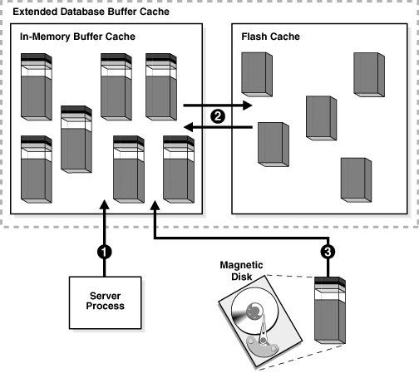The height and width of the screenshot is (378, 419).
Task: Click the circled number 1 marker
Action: click(105, 252)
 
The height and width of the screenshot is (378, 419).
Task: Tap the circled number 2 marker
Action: click(218, 116)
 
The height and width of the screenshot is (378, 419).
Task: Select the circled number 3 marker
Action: click(328, 252)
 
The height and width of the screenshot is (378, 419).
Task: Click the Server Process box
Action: click(105, 302)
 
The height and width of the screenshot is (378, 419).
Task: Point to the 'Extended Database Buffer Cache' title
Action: click(91, 12)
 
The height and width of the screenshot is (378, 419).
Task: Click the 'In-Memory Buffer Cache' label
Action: click(77, 37)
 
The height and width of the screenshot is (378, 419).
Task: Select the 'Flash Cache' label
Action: click(270, 37)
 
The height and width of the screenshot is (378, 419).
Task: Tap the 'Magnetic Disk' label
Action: click(241, 271)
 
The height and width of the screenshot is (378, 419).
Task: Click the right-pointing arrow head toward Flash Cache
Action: click(248, 106)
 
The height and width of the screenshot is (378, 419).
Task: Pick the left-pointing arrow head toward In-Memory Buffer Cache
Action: click(189, 127)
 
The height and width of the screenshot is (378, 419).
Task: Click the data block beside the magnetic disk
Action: click(330, 311)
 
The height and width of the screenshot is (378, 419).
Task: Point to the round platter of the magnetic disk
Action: click(254, 311)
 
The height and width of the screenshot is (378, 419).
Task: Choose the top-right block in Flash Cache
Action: click(369, 75)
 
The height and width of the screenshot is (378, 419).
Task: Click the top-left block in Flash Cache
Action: click(257, 75)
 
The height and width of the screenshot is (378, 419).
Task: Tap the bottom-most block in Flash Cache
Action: click(356, 180)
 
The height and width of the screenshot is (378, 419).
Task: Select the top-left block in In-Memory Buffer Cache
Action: click(37, 87)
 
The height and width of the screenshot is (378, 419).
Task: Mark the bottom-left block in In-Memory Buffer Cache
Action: click(37, 169)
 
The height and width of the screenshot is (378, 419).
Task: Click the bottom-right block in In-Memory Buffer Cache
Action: click(179, 169)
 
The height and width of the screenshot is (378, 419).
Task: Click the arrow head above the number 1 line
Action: click(105, 204)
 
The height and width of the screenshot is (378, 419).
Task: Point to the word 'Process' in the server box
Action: click(106, 306)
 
